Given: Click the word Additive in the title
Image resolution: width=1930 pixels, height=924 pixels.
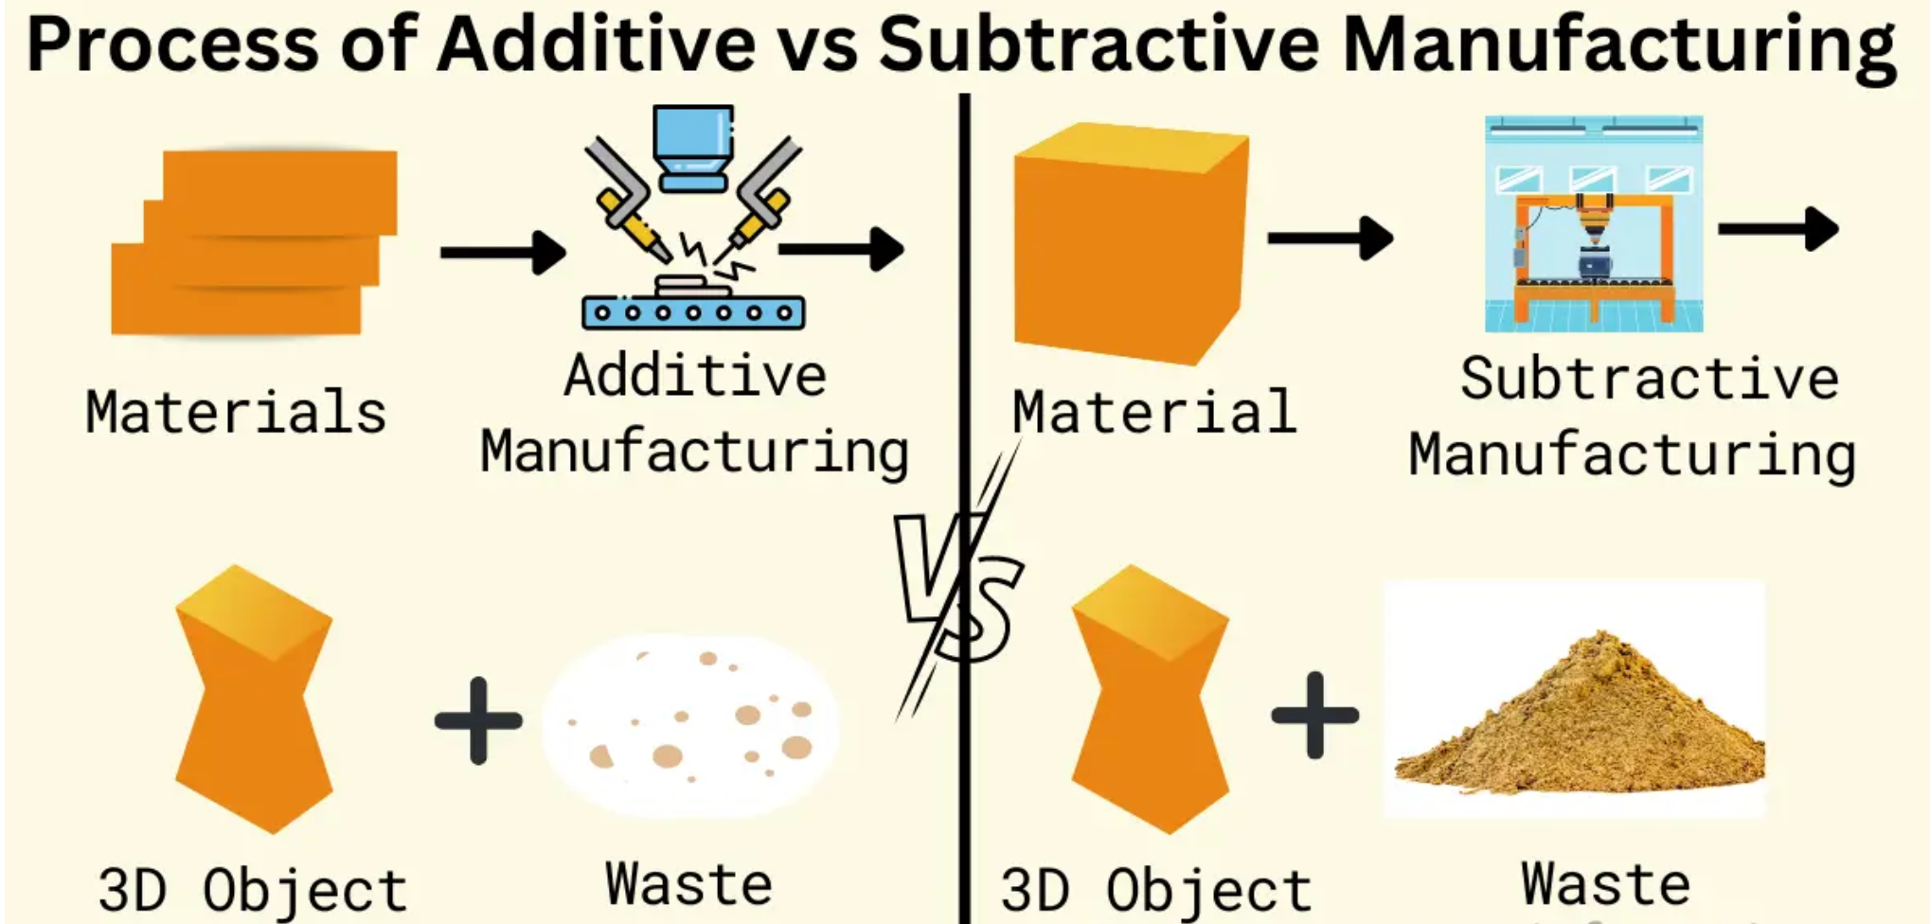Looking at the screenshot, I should [596, 44].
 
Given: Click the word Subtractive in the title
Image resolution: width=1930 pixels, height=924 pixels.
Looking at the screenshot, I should [1099, 44].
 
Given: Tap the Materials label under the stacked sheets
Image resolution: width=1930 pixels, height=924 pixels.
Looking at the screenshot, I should [236, 412].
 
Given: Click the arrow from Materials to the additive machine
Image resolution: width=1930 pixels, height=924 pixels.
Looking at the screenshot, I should [502, 253].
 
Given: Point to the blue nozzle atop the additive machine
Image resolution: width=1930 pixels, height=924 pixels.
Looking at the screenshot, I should [693, 147].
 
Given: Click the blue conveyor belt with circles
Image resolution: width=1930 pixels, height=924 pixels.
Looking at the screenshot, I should [693, 312].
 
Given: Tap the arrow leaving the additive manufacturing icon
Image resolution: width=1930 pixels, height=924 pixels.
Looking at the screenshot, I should [841, 249].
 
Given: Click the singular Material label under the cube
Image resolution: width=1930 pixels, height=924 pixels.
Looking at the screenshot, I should [1153, 412].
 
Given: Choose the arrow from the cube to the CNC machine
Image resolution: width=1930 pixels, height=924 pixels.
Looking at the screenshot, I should [1330, 238].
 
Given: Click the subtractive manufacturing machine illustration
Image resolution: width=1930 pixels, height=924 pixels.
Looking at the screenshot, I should [1594, 224].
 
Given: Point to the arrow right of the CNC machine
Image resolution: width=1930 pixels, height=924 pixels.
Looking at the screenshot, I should [1778, 228].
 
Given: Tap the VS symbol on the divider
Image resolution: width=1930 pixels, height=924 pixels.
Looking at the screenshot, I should [958, 587].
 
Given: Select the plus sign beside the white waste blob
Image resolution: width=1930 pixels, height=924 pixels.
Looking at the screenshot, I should [478, 720].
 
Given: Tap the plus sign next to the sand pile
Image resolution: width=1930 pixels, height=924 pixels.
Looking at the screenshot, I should [1314, 716].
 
